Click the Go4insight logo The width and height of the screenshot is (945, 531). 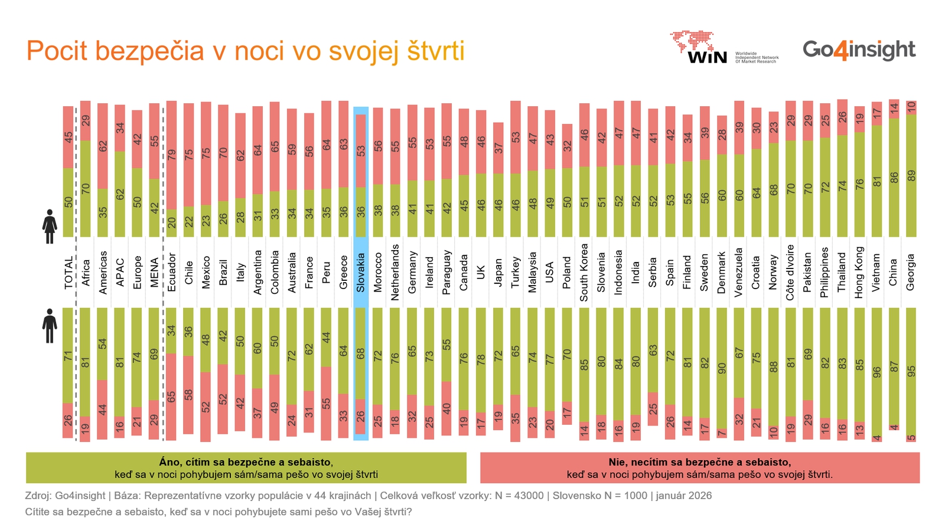click(859, 50)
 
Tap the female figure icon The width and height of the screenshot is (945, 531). click(50, 227)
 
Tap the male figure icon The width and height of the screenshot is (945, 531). click(50, 326)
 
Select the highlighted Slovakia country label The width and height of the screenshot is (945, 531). click(361, 272)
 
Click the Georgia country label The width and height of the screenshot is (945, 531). click(911, 272)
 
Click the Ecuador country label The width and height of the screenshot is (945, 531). click(172, 272)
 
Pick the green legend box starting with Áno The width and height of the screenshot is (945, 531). click(246, 468)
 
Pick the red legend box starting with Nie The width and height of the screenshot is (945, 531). click(700, 468)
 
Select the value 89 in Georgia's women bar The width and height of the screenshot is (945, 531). click(911, 176)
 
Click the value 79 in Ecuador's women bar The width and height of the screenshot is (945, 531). click(172, 155)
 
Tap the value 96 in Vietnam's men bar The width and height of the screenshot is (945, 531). click(876, 372)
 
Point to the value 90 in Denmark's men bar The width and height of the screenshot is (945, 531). click(722, 368)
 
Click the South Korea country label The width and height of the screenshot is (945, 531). click(584, 272)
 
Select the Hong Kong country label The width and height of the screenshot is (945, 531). click(859, 272)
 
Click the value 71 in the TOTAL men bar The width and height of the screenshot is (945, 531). click(69, 356)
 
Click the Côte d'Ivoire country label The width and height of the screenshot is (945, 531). click(790, 272)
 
